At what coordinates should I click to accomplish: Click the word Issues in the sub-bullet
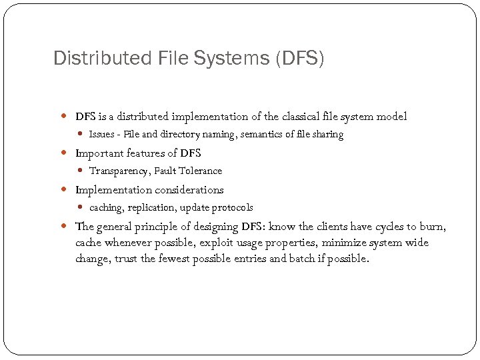[x=101, y=135]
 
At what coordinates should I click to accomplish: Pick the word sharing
[x=327, y=135]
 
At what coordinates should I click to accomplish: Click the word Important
[x=98, y=153]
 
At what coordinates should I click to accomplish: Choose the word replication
[x=151, y=208]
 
